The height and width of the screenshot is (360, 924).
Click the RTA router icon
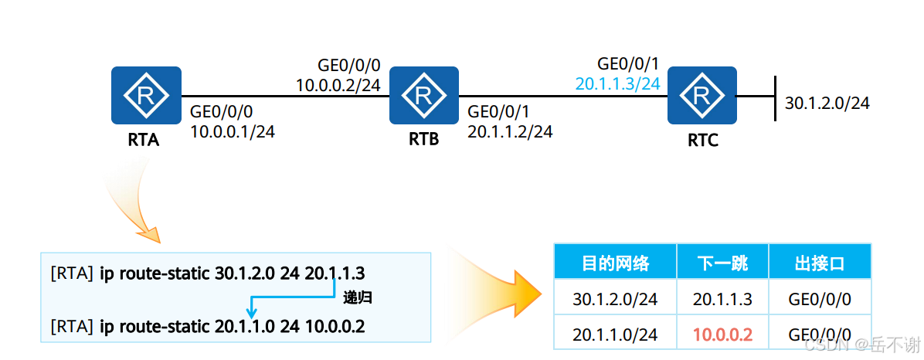coord(146,95)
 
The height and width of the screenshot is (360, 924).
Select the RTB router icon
coord(423,95)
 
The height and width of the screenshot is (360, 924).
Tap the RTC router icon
coord(702,95)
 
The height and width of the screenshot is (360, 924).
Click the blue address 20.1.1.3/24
coord(617,83)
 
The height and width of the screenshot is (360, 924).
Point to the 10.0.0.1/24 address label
coord(233,131)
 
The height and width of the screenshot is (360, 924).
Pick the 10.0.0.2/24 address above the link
coord(338,84)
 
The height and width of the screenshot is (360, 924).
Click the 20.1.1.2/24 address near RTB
coord(510,131)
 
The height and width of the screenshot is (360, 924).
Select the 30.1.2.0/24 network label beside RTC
coord(827,103)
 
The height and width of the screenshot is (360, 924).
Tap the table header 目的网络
coord(615,263)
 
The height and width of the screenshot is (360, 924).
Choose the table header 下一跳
coord(722,263)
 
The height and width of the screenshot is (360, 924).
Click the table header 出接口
coord(820,263)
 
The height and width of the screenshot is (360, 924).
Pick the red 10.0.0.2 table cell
coord(722,335)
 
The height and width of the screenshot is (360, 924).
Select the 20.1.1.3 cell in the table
coord(722,299)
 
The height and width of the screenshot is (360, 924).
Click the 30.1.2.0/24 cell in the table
coord(615,299)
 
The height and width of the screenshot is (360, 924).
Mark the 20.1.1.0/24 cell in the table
coord(615,335)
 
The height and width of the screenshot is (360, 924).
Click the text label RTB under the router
coord(423,140)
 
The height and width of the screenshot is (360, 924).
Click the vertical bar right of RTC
coord(774,97)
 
